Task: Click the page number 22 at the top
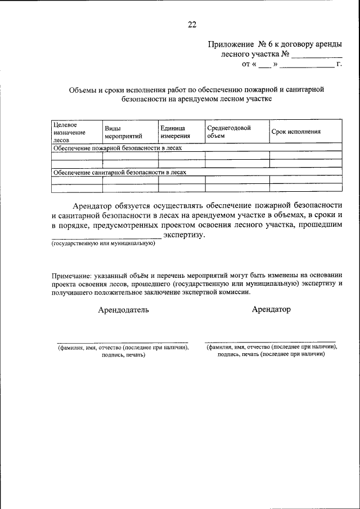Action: point(192,24)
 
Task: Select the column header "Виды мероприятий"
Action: point(123,132)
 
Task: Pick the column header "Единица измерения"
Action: point(175,132)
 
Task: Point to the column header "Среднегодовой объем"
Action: point(228,132)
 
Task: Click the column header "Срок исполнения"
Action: point(296,132)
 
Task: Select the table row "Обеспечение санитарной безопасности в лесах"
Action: point(119,173)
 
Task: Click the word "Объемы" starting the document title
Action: point(83,89)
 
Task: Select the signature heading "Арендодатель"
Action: point(123,310)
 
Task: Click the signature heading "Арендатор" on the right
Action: point(271,309)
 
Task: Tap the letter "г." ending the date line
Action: point(339,65)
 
